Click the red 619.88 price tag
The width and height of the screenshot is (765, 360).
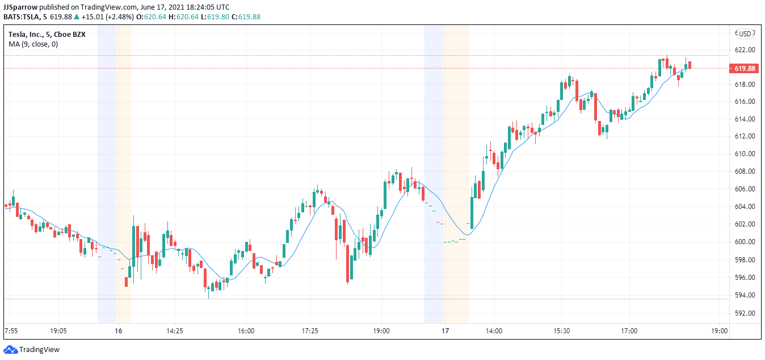pos(745,69)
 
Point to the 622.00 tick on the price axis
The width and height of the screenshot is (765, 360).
pos(745,50)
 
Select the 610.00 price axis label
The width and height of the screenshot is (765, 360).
pos(745,154)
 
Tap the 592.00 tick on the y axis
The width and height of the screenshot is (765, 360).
pos(745,313)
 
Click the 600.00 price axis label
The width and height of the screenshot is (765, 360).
pos(745,242)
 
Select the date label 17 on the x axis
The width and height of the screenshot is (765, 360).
pos(445,330)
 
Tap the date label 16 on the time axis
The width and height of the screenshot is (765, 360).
pos(119,330)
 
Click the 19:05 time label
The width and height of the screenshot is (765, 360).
pos(58,330)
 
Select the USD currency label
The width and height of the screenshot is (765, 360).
pos(745,34)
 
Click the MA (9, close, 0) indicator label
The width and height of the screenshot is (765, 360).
pos(33,44)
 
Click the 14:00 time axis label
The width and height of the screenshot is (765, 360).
pos(494,330)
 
